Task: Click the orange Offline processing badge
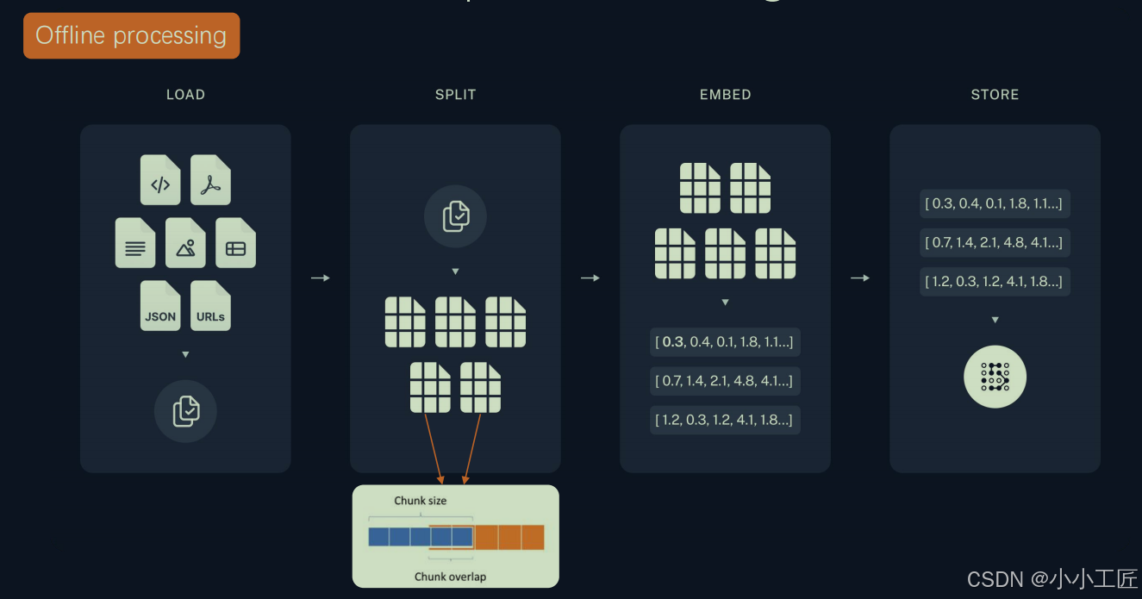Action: pyautogui.click(x=131, y=35)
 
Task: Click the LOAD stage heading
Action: pyautogui.click(x=185, y=95)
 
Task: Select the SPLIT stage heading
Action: pyautogui.click(x=455, y=95)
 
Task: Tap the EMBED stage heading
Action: pyautogui.click(x=725, y=95)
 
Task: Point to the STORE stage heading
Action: pyautogui.click(x=995, y=95)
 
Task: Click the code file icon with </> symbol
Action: pyautogui.click(x=160, y=180)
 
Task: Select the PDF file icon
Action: pyautogui.click(x=210, y=180)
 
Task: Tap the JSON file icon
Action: pyautogui.click(x=160, y=306)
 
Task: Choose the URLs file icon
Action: pyautogui.click(x=210, y=306)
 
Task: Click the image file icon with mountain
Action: pyautogui.click(x=185, y=243)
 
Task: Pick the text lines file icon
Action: pyautogui.click(x=135, y=243)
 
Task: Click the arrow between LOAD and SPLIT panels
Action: pyautogui.click(x=320, y=278)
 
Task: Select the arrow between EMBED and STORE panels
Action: pyautogui.click(x=859, y=278)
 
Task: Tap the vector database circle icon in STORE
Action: pyautogui.click(x=995, y=377)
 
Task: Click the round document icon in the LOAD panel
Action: pyautogui.click(x=185, y=411)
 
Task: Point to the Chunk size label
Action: pyautogui.click(x=421, y=501)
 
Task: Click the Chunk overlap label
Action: pyautogui.click(x=450, y=577)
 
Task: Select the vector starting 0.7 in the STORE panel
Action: pyautogui.click(x=995, y=243)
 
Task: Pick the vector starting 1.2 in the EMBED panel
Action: pyautogui.click(x=725, y=420)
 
